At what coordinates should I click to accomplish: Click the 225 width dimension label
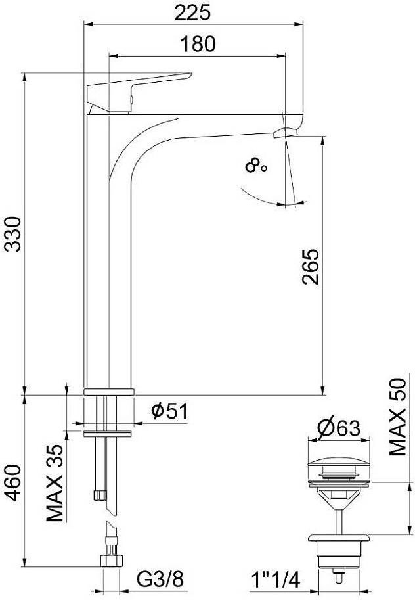pyautogui.click(x=193, y=13)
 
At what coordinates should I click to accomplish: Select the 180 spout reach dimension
pyautogui.click(x=198, y=44)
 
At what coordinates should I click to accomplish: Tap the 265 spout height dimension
pyautogui.click(x=310, y=267)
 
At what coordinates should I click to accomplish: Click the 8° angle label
pyautogui.click(x=256, y=166)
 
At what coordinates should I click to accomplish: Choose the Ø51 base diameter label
pyautogui.click(x=169, y=411)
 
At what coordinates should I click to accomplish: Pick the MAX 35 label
pyautogui.click(x=55, y=483)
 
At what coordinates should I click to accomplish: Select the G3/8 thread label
pyautogui.click(x=161, y=580)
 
